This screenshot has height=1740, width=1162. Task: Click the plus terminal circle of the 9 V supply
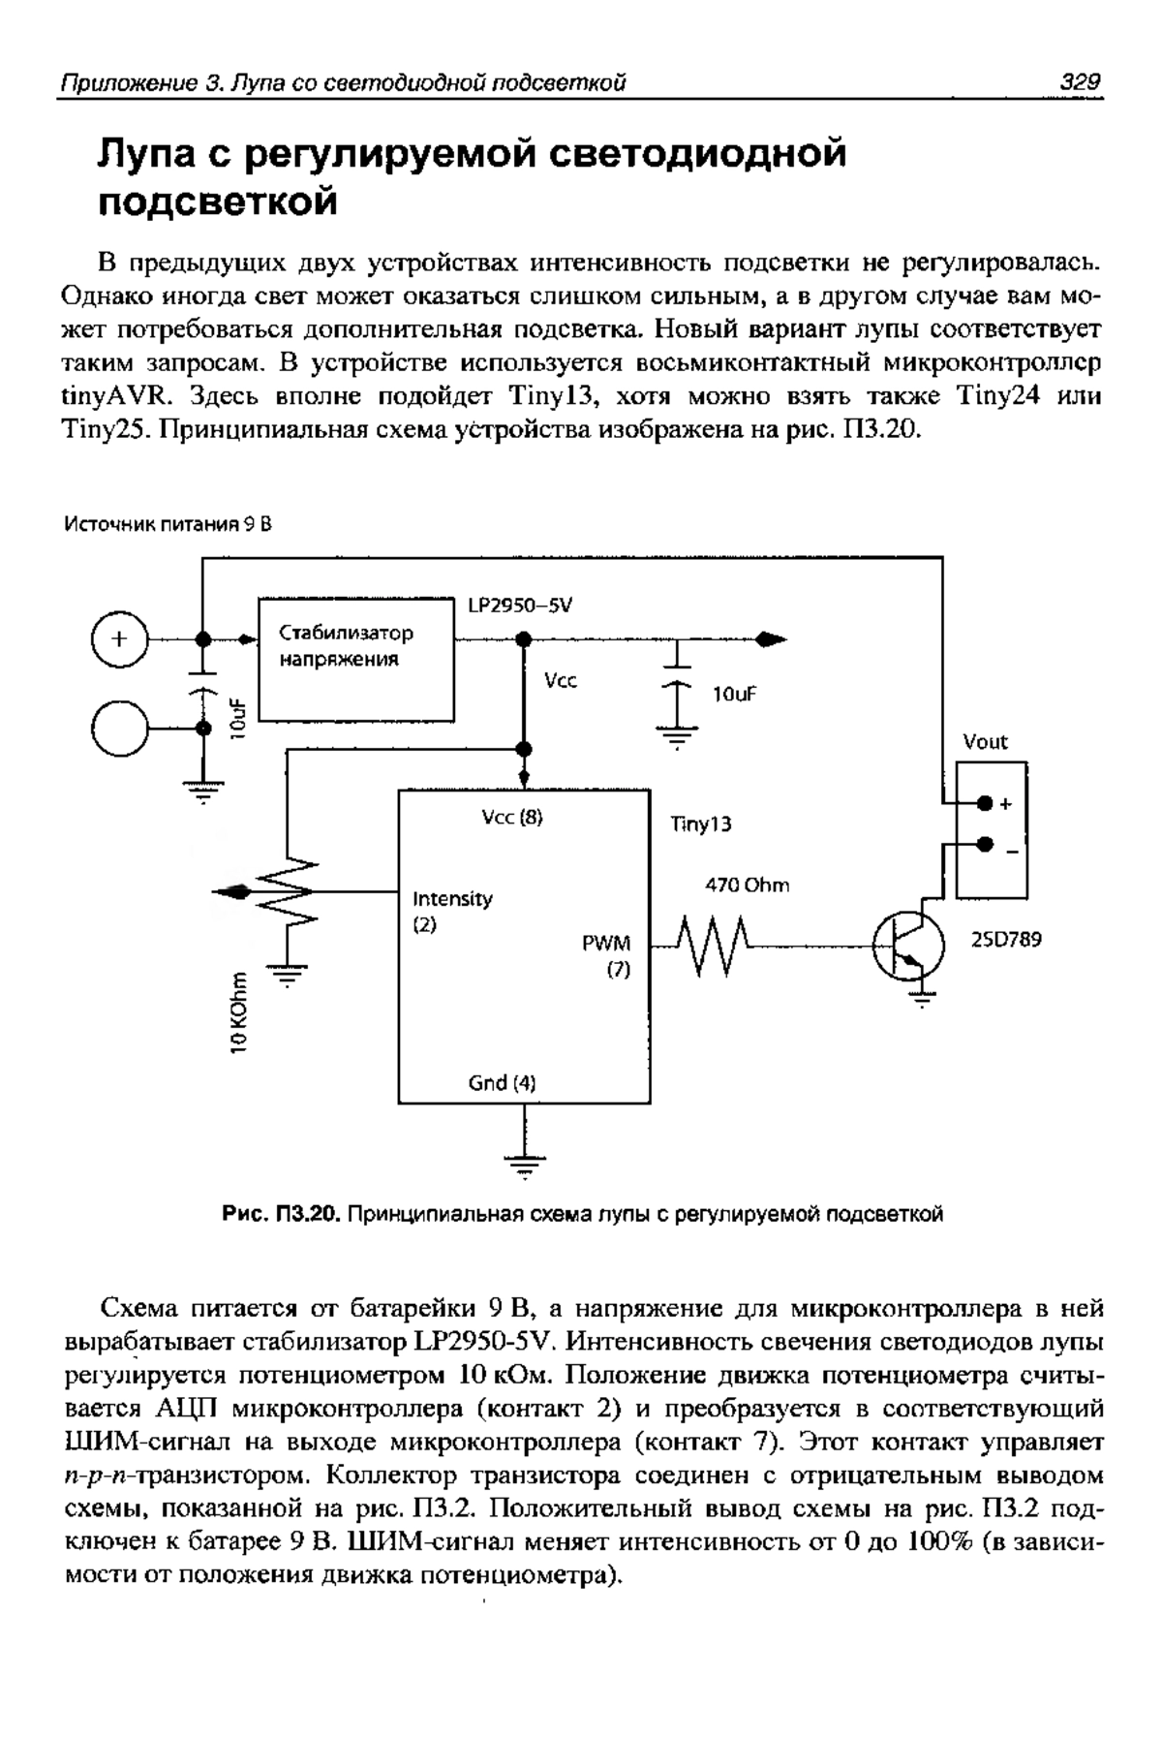[118, 639]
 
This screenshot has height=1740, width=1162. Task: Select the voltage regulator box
[356, 660]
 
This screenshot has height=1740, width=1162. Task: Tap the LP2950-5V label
[520, 606]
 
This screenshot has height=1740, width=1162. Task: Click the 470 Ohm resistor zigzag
[713, 947]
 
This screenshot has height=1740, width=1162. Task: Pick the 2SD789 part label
[1006, 939]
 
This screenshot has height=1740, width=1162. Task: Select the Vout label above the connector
[985, 742]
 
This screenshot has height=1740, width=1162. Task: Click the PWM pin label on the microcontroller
[606, 943]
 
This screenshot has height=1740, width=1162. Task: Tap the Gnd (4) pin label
[502, 1082]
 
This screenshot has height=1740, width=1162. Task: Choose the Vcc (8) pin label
[513, 818]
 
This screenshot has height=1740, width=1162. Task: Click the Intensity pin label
[452, 898]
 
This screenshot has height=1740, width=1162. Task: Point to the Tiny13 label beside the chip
[701, 824]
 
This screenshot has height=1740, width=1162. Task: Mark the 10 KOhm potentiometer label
[239, 1007]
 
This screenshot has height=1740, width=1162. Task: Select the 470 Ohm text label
[746, 885]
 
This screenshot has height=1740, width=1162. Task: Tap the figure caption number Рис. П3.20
[282, 1213]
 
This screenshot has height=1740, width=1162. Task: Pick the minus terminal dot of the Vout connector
[985, 844]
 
